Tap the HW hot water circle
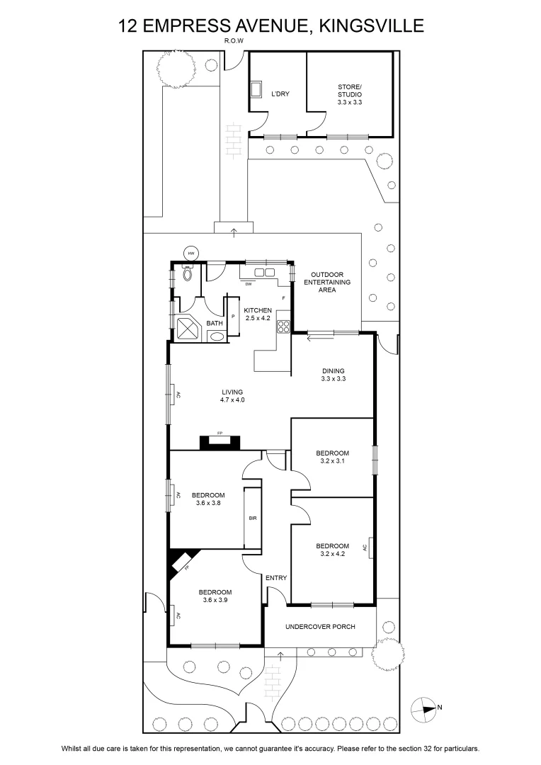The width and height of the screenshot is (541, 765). [x=191, y=253]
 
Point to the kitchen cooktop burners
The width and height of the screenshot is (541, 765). [x=283, y=327]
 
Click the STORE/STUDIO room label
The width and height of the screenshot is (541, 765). [x=350, y=95]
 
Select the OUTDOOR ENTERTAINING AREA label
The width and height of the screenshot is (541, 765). [x=327, y=282]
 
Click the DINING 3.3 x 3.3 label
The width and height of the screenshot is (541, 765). [x=334, y=375]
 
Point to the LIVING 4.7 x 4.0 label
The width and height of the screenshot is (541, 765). [x=232, y=396]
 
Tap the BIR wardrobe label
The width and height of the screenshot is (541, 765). [x=253, y=518]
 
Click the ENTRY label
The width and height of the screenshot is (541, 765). [x=276, y=578]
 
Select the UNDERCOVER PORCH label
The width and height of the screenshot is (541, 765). [x=320, y=626]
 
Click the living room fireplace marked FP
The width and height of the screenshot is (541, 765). [x=220, y=441]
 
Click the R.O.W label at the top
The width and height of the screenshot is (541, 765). [x=234, y=41]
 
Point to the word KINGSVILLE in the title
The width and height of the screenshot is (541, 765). [x=371, y=25]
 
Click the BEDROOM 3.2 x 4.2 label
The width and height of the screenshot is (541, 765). [x=333, y=550]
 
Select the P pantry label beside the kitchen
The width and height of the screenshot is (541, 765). [x=233, y=316]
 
